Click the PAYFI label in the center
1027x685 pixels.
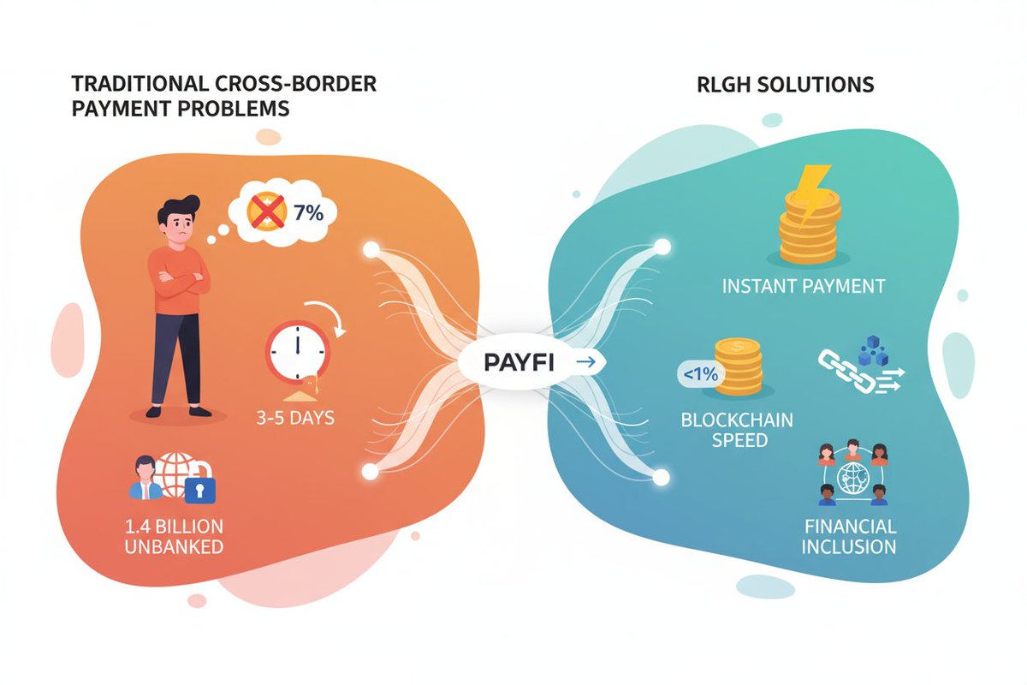[x=519, y=363]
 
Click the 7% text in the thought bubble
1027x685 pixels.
[x=308, y=212]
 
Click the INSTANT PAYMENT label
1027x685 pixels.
[x=803, y=286]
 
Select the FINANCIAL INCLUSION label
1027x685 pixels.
[x=849, y=536]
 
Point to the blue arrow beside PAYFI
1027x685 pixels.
[x=586, y=363]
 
